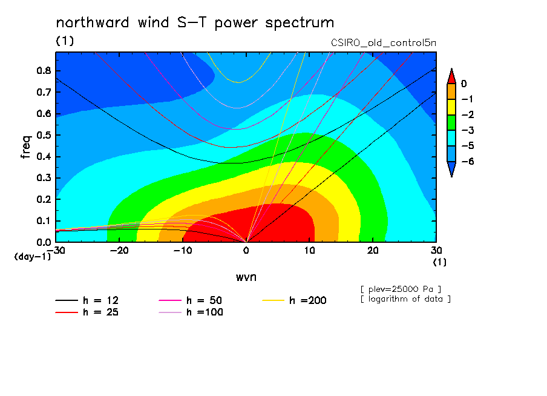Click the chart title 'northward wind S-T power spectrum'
pos(195,23)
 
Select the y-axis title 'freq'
pos(26,147)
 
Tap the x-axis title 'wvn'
pos(246,277)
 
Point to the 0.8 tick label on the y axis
pos(44,70)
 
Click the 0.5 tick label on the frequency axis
pos(44,135)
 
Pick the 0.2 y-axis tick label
pos(44,199)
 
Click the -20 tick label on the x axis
pos(119,251)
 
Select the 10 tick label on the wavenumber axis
pos(310,251)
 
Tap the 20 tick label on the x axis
pos(373,251)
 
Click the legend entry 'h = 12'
pos(87,300)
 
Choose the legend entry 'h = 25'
pos(87,312)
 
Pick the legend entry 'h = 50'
pos(191,300)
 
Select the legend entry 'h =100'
pos(191,312)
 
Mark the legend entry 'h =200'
pos(295,300)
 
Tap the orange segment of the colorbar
pos(451,91)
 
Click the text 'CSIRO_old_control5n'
pos(384,43)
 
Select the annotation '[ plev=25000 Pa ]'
pos(401,289)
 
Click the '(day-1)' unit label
pos(32,257)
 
